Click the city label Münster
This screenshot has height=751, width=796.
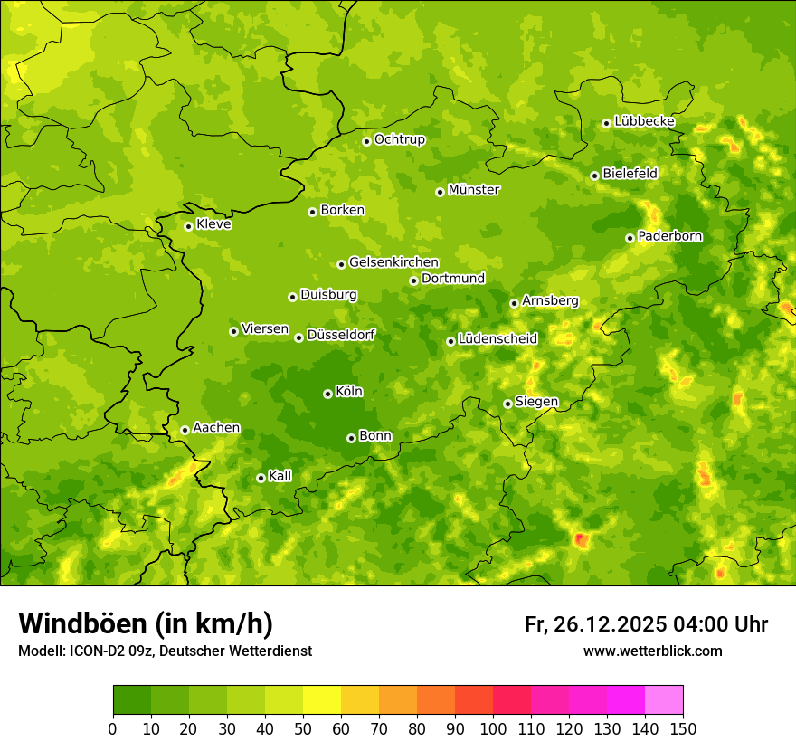pos(474,190)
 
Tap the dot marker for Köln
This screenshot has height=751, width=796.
pos(327,394)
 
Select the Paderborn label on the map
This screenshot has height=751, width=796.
pos(670,236)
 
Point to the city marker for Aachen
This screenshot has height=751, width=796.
pos(185,430)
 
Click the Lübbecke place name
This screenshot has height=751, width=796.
pos(645,121)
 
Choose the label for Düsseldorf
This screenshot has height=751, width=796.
pos(341,335)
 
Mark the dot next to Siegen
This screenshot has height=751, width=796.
pos(507,404)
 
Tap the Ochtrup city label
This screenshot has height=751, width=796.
pos(400,139)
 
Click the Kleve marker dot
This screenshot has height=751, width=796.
pos(188,226)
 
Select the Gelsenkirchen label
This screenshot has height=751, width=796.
pos(394,262)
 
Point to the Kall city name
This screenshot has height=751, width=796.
pos(280,476)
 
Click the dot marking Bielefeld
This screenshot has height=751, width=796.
pos(594,176)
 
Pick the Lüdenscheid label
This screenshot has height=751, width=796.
pos(498,339)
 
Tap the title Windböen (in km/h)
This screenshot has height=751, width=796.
pos(146,623)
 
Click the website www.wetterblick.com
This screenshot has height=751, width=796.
pos(653,651)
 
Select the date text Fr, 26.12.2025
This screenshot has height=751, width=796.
pos(595,624)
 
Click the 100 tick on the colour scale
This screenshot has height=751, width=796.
pos(493,728)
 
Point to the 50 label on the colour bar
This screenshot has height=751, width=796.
pos(303,728)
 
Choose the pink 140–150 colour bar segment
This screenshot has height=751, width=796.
pos(664,699)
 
